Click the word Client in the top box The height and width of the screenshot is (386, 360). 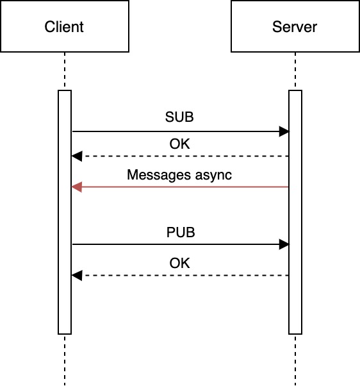pos(64,27)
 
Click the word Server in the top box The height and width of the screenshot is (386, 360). pos(295,27)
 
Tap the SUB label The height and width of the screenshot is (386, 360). pos(179,118)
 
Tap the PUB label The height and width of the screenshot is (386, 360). pos(180,232)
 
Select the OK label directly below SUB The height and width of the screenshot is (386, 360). pos(180,144)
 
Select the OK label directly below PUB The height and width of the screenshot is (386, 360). pos(180,263)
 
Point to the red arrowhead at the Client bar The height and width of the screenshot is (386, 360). pos(76,187)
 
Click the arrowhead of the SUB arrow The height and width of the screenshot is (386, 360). pos(284,131)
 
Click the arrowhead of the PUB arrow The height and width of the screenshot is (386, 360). pos(284,244)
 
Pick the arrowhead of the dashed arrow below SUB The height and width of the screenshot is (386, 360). pos(76,156)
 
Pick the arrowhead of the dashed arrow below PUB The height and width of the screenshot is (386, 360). pos(76,276)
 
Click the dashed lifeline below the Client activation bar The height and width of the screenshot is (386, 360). pos(65,359)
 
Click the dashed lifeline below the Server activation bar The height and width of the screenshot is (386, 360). pos(295,359)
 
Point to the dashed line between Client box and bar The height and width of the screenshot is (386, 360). pos(65,71)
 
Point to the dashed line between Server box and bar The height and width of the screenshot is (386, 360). pos(295,71)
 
